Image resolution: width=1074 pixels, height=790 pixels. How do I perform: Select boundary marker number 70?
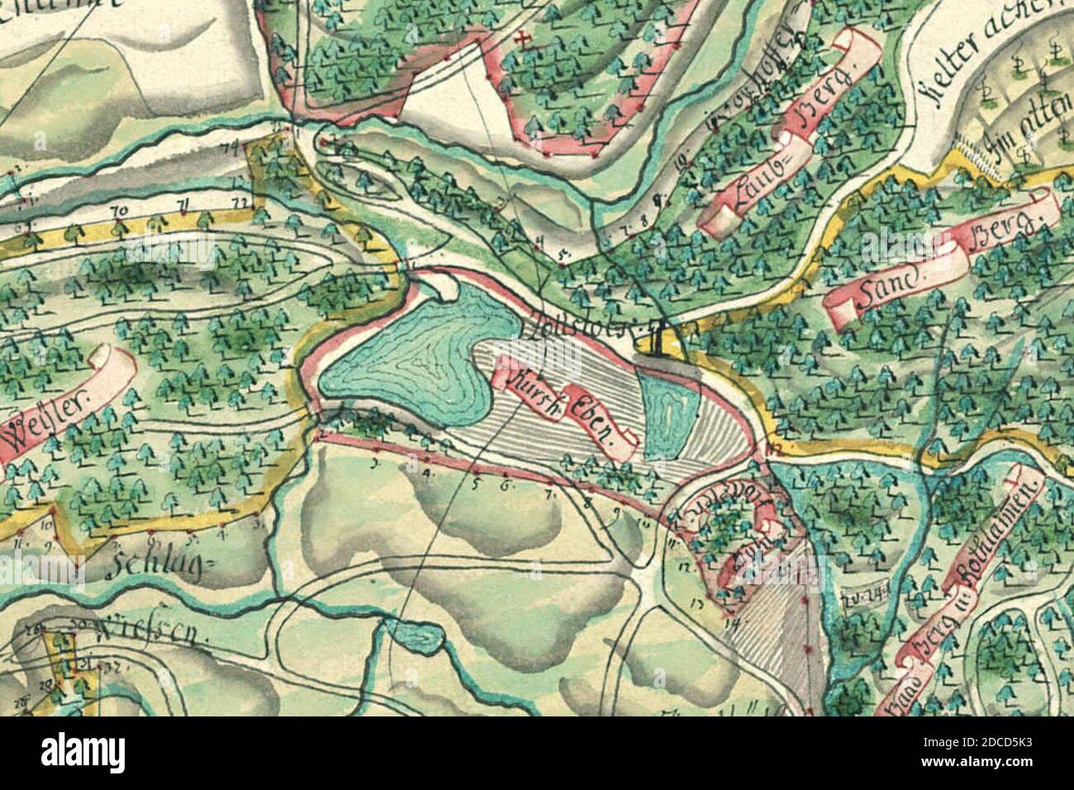119,212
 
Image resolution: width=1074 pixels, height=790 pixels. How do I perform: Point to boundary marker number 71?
180,203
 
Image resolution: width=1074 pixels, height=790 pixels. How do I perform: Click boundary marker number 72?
240,201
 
